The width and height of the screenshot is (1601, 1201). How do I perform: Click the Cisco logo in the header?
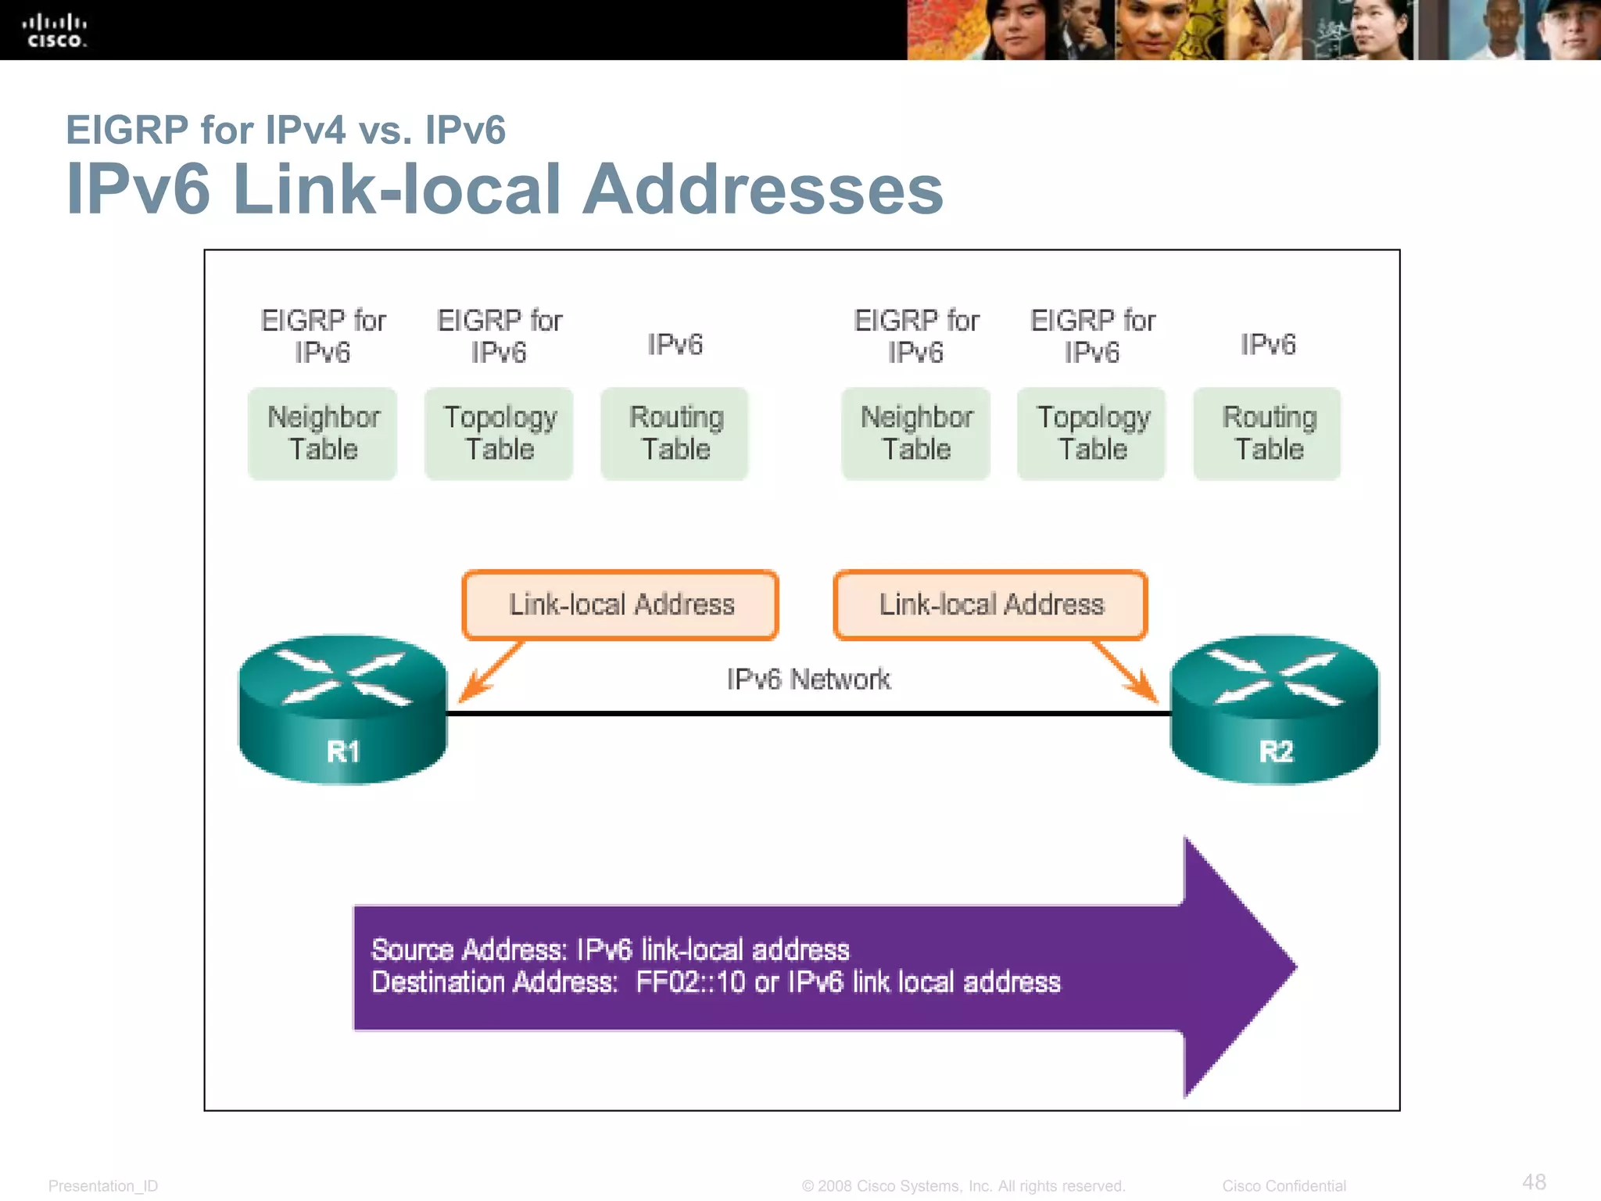point(54,31)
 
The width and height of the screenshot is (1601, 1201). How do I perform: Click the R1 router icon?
point(342,710)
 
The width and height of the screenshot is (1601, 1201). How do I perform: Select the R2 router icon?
point(1274,710)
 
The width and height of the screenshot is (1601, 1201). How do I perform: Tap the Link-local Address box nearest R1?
point(621,605)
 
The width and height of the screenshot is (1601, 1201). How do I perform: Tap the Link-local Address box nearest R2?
point(990,605)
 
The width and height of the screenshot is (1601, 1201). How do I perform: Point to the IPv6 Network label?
point(808,679)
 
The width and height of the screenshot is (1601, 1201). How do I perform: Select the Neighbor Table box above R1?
point(323,434)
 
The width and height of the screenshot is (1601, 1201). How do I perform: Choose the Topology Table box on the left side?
point(500,434)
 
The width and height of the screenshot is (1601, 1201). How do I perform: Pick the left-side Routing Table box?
point(675,434)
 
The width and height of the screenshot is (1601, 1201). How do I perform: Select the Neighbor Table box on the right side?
point(916,434)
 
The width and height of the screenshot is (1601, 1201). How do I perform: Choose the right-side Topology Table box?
point(1092,434)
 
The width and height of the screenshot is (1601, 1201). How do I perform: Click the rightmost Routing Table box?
point(1268,434)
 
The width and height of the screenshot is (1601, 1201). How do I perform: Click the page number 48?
point(1534,1181)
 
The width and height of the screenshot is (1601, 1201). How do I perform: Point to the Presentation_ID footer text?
point(103,1186)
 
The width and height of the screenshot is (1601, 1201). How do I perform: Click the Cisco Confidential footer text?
point(1284,1186)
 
